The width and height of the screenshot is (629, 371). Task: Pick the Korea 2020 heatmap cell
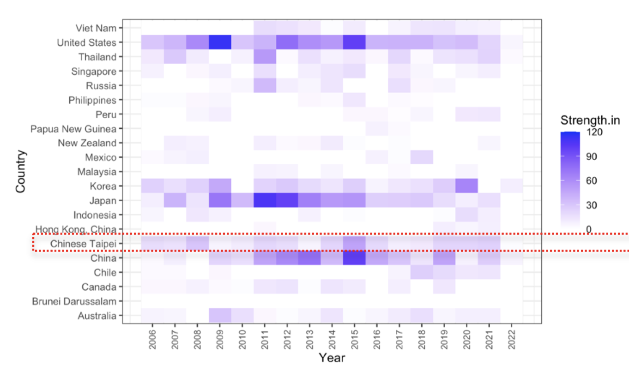tap(466, 186)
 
